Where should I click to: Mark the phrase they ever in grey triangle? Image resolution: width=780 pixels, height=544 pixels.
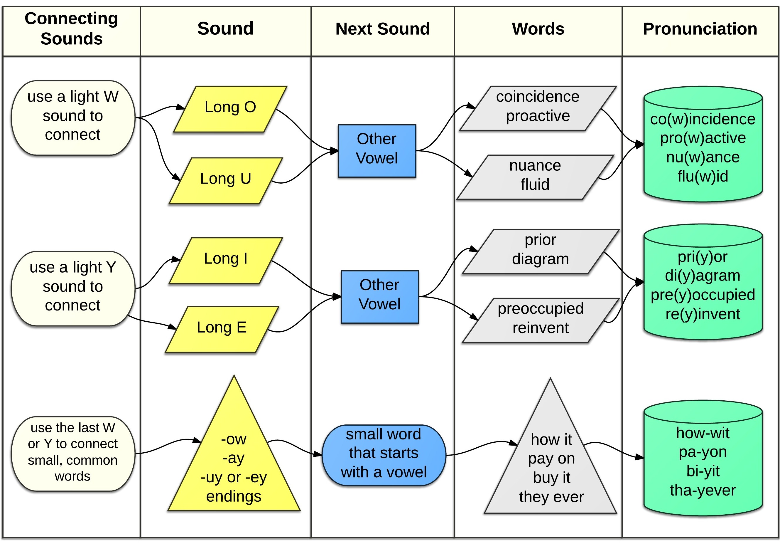tap(551, 497)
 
